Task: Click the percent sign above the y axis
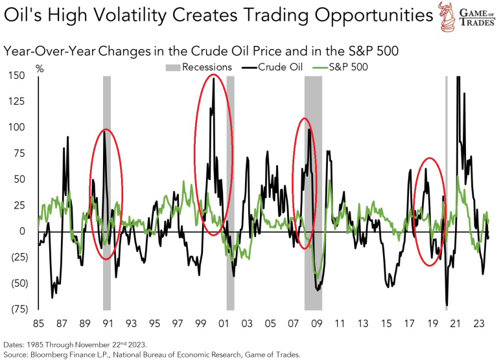click(40, 67)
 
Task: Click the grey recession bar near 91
click(107, 194)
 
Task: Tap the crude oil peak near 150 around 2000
click(213, 78)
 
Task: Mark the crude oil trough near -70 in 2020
click(447, 305)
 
